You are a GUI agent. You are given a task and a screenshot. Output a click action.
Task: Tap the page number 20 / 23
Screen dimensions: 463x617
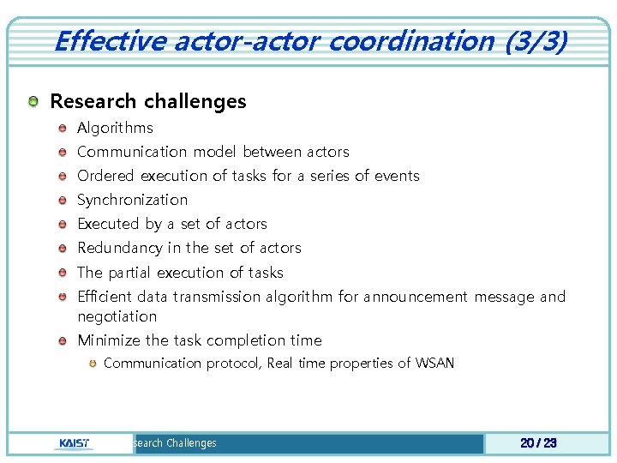click(538, 443)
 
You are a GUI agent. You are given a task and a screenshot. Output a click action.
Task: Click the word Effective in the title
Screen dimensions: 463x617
click(106, 40)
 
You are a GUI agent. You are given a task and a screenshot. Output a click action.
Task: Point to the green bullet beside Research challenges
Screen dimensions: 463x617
click(32, 102)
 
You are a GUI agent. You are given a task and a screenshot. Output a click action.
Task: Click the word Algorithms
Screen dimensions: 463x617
click(115, 128)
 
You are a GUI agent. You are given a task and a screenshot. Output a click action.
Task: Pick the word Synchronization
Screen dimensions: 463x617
click(132, 200)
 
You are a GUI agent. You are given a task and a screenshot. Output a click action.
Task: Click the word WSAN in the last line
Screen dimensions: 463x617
click(434, 363)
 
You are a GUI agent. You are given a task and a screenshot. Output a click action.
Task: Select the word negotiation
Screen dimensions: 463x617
click(117, 316)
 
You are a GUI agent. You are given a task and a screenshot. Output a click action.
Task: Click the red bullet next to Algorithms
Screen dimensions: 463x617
click(63, 129)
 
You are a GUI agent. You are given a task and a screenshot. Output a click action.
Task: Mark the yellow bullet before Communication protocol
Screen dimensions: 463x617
click(91, 364)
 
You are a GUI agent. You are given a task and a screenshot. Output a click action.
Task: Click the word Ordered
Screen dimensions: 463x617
click(106, 176)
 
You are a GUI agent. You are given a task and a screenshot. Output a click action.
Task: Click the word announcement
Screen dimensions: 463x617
click(416, 297)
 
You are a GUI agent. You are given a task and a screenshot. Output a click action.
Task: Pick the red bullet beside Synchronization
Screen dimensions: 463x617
click(63, 201)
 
